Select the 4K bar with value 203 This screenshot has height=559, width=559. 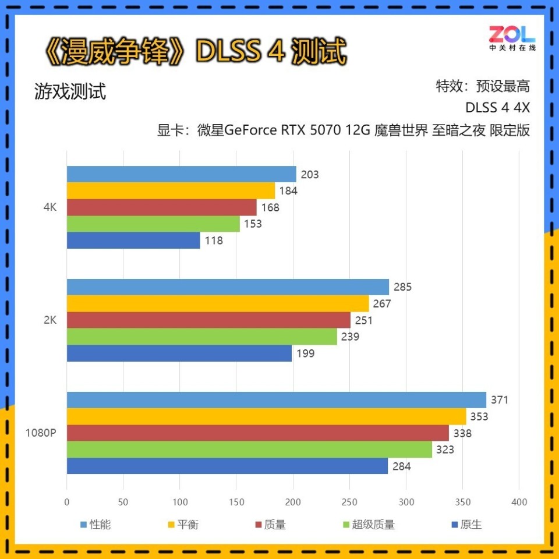(181, 174)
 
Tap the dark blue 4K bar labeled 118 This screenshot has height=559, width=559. (133, 240)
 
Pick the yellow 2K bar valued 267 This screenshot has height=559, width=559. (218, 303)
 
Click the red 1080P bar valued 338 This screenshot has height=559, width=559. (258, 433)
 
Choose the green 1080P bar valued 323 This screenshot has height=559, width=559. (249, 450)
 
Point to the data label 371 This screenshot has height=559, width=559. (500, 400)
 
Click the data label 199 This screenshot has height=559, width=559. (306, 353)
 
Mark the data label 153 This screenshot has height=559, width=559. (253, 224)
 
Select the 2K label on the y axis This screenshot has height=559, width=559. (50, 320)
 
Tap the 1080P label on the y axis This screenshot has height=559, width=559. (40, 433)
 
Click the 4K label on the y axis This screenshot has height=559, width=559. (50, 207)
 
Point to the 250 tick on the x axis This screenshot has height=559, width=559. (349, 502)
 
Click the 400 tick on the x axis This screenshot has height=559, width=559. (519, 502)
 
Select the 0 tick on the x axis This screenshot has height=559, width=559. (67, 502)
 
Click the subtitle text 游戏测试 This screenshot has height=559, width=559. (70, 92)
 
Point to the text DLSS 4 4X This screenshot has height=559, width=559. (497, 108)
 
